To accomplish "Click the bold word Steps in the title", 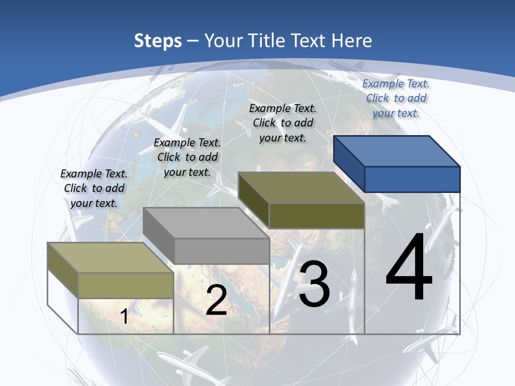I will pyautogui.click(x=158, y=41).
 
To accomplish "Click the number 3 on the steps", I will pyautogui.click(x=314, y=284).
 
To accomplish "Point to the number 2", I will pyautogui.click(x=216, y=301).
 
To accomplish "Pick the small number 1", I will pyautogui.click(x=124, y=316).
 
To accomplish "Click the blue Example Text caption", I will pyautogui.click(x=396, y=98).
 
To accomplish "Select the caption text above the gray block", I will pyautogui.click(x=187, y=157).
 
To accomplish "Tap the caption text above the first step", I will pyautogui.click(x=94, y=188).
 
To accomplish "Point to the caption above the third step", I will pyautogui.click(x=283, y=123).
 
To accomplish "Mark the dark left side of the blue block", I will pyautogui.click(x=349, y=164).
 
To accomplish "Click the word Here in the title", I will pyautogui.click(x=351, y=41).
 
